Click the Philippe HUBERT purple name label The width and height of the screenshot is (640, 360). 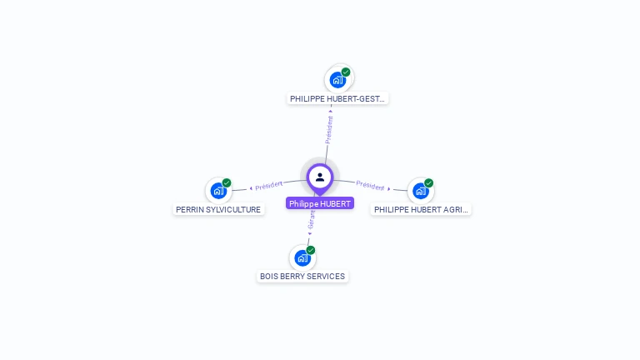(x=320, y=203)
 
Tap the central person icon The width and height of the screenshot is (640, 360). (x=320, y=177)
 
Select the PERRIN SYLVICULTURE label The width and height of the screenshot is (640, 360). (x=218, y=210)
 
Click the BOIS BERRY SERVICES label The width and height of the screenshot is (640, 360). (x=302, y=277)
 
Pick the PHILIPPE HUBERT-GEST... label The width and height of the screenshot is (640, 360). (x=337, y=98)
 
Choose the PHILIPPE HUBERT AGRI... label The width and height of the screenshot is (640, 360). (x=421, y=210)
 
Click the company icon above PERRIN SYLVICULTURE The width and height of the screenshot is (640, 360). (x=218, y=191)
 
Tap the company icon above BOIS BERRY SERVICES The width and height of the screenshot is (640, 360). (x=302, y=257)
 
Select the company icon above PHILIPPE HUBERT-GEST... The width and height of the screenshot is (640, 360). (x=337, y=80)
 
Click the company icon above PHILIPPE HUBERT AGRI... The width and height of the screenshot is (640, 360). (x=421, y=191)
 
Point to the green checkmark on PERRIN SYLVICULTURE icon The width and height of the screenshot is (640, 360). (x=227, y=183)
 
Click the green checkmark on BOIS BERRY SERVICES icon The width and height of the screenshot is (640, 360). (x=311, y=250)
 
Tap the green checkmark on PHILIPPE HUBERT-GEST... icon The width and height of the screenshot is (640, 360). (x=346, y=72)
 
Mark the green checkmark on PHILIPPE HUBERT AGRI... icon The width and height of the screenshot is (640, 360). (x=429, y=183)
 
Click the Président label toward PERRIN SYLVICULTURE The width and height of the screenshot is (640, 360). (x=269, y=185)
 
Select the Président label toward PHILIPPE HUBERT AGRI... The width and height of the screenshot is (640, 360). (x=370, y=186)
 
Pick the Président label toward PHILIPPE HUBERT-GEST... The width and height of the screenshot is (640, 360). (x=329, y=129)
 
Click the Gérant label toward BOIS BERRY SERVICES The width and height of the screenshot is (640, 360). (x=312, y=220)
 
